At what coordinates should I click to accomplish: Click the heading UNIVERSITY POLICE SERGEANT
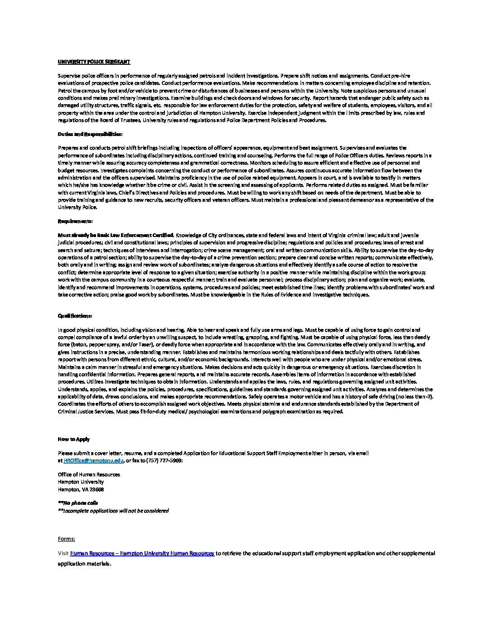[94, 62]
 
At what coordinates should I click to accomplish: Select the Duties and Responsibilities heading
[90, 135]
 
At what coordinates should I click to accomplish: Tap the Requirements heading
[75, 221]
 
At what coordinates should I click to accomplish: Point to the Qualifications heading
[75, 315]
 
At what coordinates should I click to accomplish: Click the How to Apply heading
[74, 439]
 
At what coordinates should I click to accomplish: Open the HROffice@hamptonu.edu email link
[93, 460]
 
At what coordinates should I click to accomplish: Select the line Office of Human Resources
[89, 474]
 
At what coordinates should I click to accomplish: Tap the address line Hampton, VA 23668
[81, 489]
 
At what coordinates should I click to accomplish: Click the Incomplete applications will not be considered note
[113, 511]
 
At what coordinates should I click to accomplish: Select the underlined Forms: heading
[67, 539]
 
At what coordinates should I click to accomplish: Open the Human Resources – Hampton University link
[142, 553]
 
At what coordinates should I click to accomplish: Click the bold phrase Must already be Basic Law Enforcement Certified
[116, 235]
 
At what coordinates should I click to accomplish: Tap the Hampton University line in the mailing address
[81, 482]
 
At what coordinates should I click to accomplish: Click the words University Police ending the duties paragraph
[77, 208]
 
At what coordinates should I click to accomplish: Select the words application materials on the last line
[84, 564]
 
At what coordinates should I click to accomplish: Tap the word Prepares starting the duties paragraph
[68, 148]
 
